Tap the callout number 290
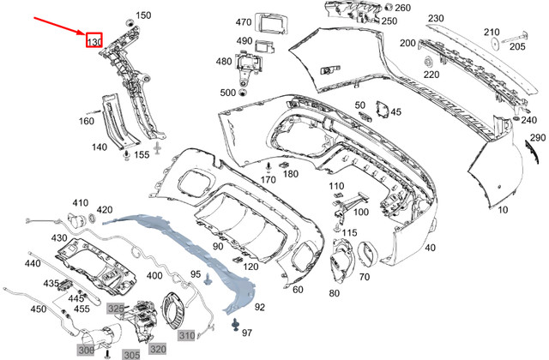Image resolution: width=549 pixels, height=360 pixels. tap(537, 138)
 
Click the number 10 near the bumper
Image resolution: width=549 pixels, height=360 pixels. tap(502, 209)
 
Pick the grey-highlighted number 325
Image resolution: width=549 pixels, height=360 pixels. tap(115, 308)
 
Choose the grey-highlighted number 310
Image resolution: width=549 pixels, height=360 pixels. tap(186, 334)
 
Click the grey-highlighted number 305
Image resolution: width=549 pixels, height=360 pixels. tap(131, 353)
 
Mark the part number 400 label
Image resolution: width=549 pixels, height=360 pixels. tap(154, 276)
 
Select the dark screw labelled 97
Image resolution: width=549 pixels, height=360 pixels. tap(234, 323)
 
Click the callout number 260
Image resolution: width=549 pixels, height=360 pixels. tap(402, 9)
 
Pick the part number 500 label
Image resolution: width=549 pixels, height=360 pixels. tap(227, 93)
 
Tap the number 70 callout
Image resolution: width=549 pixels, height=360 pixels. tap(364, 277)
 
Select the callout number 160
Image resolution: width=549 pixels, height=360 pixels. tap(87, 121)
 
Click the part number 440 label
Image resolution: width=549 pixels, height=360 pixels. tap(33, 264)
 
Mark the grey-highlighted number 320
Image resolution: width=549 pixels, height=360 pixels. tap(159, 349)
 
